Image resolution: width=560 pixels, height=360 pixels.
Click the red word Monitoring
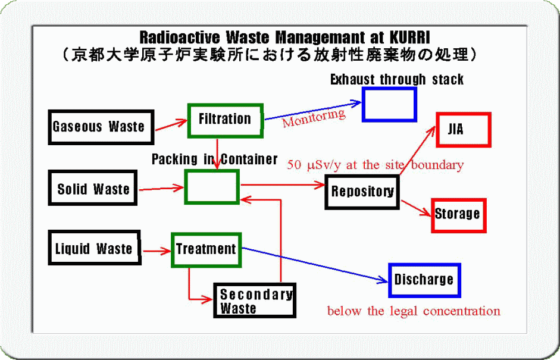click(314, 117)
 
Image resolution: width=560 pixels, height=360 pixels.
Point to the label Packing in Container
click(215, 159)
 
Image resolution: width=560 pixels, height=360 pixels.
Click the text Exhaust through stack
click(397, 79)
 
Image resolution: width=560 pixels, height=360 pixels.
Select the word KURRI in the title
click(410, 37)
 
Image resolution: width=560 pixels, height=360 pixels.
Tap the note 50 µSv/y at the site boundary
click(376, 165)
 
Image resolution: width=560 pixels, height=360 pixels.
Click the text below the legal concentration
click(414, 311)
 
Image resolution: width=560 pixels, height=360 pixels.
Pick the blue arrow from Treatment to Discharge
click(315, 265)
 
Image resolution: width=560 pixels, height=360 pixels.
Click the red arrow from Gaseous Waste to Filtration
click(171, 125)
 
